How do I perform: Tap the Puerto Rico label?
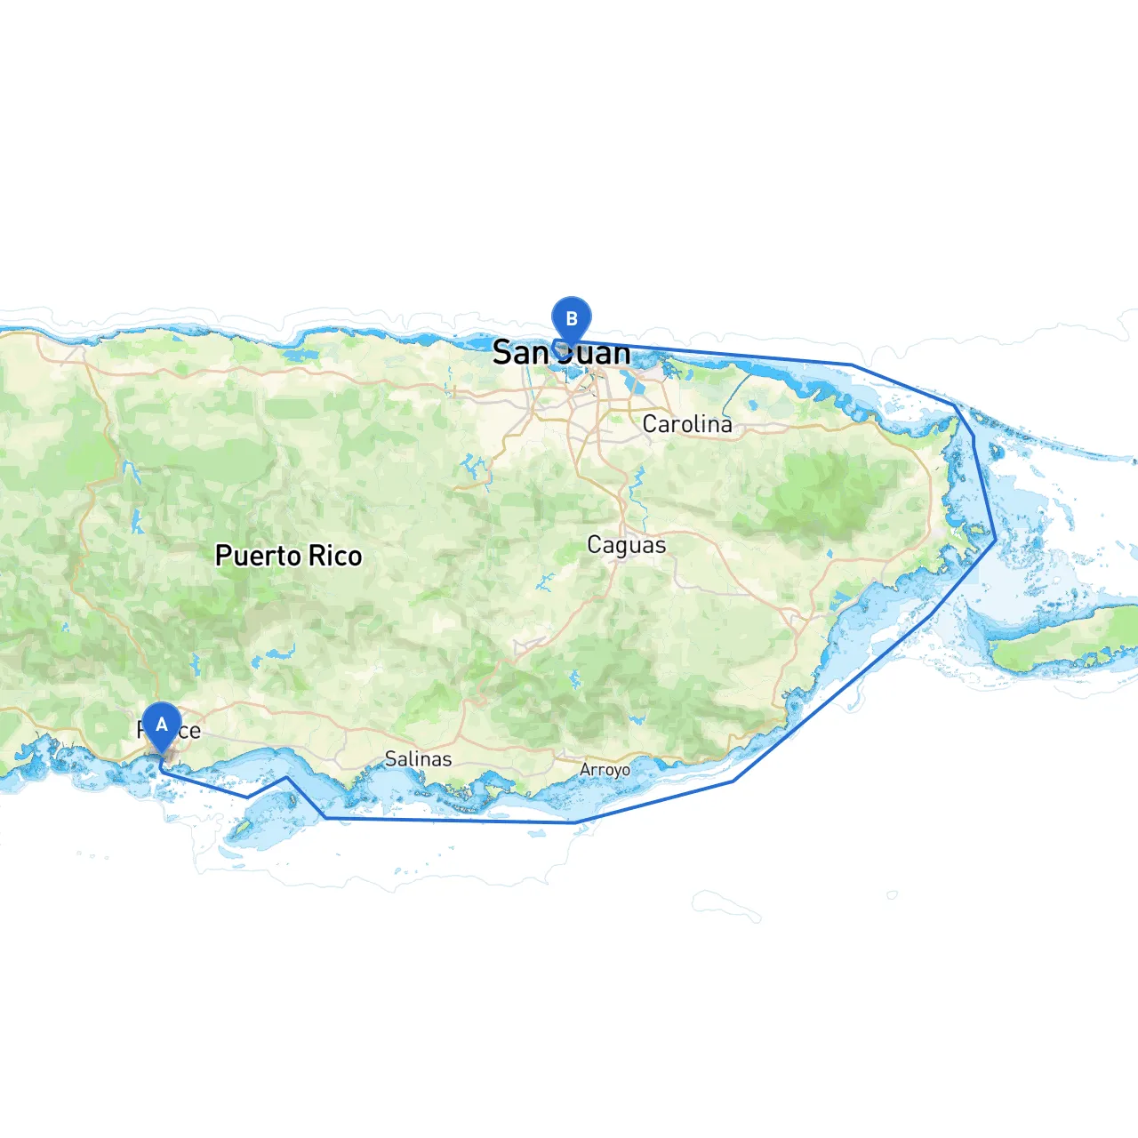[x=289, y=557]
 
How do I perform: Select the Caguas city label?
[x=626, y=545]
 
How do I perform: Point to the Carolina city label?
[x=687, y=424]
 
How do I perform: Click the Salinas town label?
[x=418, y=759]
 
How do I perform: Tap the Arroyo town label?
[x=605, y=769]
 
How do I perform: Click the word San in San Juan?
[x=520, y=354]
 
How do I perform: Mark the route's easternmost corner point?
[x=995, y=537]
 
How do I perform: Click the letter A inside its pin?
[x=162, y=725]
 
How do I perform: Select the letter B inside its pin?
[x=572, y=318]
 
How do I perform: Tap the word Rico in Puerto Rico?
[x=335, y=557]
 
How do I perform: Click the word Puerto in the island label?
[x=258, y=557]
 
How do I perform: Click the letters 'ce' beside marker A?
[x=189, y=732]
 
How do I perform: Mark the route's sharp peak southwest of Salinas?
[x=286, y=778]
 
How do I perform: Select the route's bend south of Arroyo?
[x=574, y=822]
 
